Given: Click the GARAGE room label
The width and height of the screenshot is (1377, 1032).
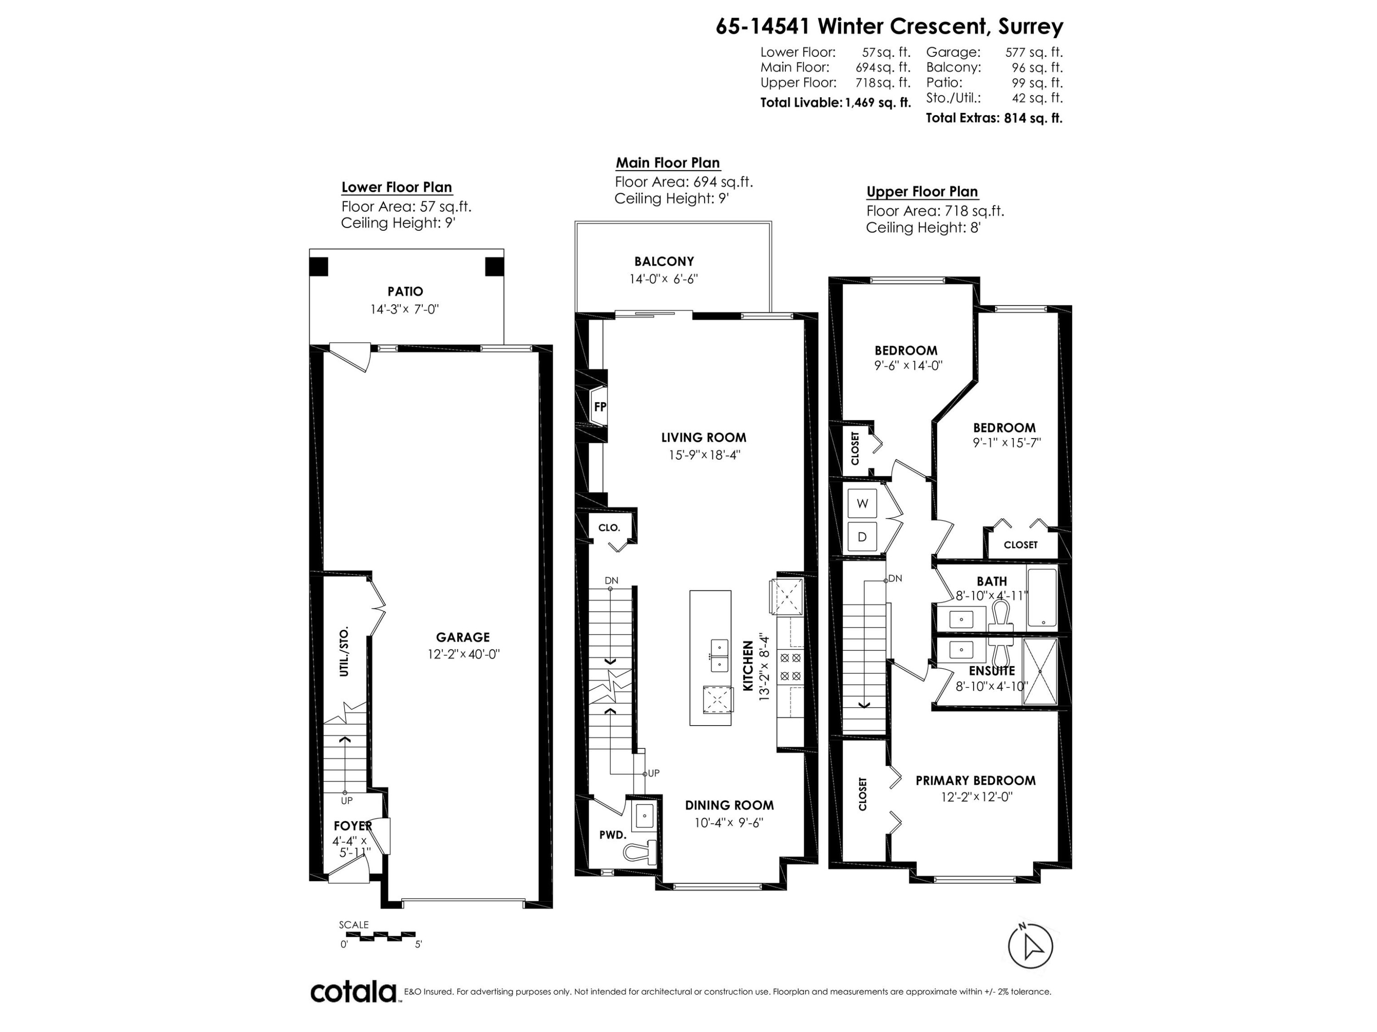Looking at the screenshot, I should (463, 637).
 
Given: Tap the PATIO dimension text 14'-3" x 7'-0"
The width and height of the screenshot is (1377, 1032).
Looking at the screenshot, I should (405, 309).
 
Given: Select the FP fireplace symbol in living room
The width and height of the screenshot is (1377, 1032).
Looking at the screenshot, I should (599, 407).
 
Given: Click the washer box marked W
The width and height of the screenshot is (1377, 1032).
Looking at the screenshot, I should (862, 504).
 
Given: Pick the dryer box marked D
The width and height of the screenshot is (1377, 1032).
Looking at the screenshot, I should (862, 536).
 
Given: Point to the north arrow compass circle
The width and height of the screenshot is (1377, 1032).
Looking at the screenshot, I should (1030, 946).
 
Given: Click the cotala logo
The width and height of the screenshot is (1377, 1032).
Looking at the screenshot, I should (353, 992).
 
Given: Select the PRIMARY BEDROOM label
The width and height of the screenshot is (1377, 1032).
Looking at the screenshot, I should (975, 780).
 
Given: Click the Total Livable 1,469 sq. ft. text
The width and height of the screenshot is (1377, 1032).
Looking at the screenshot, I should (835, 103).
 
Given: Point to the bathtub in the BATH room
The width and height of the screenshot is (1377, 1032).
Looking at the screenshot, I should (1041, 597).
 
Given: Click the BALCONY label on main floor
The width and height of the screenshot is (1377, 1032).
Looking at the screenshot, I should (664, 261).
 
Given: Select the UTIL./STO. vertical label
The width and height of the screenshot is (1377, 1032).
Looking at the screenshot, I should (344, 651).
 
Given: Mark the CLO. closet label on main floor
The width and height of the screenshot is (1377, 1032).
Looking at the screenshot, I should (609, 527).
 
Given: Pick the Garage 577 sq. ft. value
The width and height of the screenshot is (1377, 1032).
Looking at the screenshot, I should (1033, 52).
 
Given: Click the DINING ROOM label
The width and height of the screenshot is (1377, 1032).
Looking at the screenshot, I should (729, 805).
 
